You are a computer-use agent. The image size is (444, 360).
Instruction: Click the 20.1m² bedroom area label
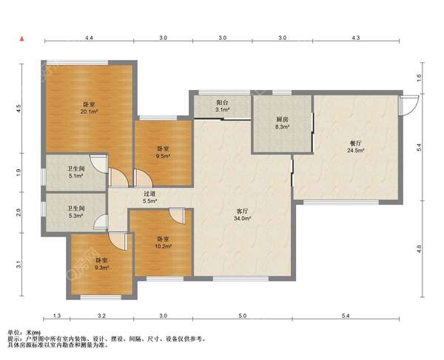click(89, 108)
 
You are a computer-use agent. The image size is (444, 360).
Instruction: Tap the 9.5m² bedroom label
click(163, 152)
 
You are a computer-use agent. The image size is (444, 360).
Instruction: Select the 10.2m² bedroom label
click(164, 242)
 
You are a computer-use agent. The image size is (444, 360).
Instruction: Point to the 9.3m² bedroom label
click(102, 264)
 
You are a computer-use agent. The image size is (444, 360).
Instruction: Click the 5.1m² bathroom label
click(76, 172)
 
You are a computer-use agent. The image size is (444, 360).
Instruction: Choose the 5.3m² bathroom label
click(76, 212)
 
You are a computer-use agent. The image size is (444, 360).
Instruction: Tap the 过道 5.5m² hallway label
click(149, 197)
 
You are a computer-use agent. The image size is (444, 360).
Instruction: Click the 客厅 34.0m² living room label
click(243, 214)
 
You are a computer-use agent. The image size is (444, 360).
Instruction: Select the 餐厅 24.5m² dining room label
click(356, 147)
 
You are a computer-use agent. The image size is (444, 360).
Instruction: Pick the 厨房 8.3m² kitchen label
click(282, 123)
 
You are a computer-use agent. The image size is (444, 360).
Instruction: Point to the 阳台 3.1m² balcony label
click(222, 106)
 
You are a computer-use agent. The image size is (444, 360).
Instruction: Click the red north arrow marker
click(21, 38)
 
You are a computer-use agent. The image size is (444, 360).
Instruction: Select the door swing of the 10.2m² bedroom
click(178, 217)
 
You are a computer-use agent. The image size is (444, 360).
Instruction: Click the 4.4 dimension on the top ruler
click(89, 38)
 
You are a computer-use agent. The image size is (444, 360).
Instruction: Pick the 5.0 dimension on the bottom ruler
click(243, 316)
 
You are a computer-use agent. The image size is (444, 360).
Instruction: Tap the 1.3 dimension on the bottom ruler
click(57, 316)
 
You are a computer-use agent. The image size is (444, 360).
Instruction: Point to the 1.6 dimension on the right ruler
click(420, 78)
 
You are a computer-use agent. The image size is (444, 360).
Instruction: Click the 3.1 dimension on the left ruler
click(18, 265)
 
